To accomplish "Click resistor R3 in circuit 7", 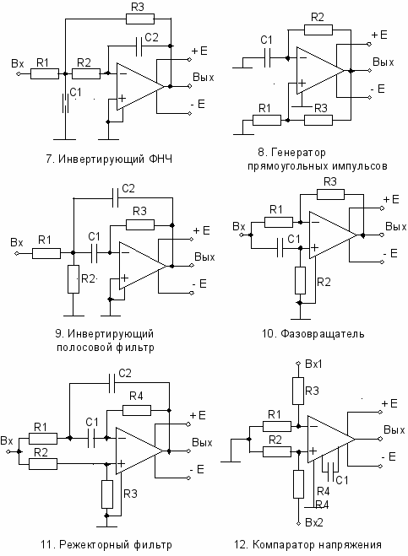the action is coord(140,19).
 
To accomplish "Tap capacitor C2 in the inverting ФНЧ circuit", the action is coord(139,46).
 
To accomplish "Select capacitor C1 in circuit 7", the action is coord(65,103).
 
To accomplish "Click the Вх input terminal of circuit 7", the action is coord(19,73).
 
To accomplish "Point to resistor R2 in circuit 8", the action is coord(318,30).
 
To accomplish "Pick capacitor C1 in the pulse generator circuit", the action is coord(268,58).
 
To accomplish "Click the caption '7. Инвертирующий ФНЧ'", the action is coord(109,158).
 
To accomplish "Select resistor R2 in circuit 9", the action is coord(73,279).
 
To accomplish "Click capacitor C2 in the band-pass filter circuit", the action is coord(115,198).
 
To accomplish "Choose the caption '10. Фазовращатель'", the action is coord(313,333).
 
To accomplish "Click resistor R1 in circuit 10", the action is coord(279,223).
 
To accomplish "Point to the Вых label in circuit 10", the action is coord(396,227).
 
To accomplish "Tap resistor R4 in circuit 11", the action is coord(137,411).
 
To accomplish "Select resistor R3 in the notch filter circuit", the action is coord(107,494).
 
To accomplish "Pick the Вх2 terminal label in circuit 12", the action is coord(314,522).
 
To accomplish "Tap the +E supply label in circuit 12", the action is coord(389,403).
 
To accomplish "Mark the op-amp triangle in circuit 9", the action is coord(143,266).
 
